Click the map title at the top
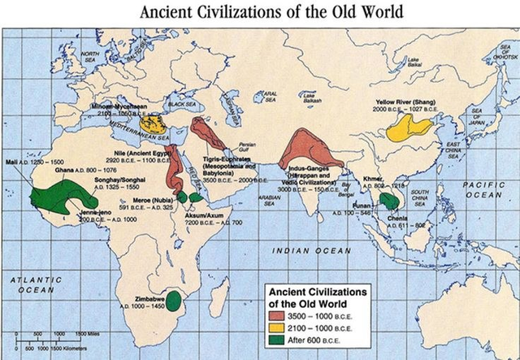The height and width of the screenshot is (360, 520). [259, 12]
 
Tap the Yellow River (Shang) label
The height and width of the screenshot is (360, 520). [409, 102]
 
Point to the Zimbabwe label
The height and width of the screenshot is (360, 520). [140, 299]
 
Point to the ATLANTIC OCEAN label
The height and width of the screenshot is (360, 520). [33, 284]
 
